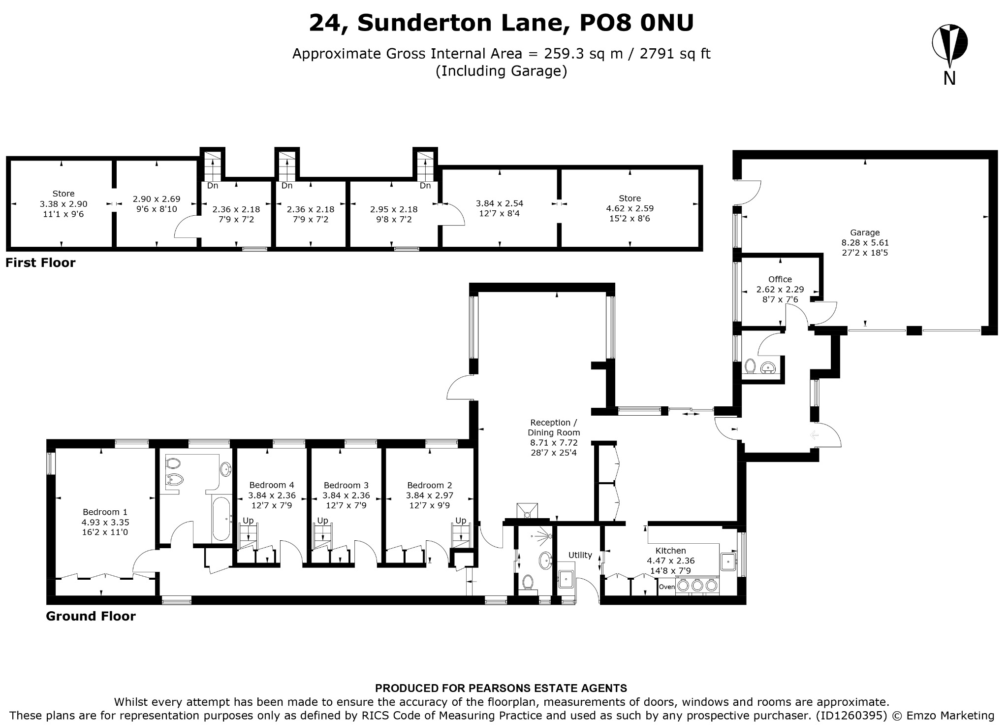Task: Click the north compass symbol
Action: tap(949, 44)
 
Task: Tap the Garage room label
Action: tap(865, 232)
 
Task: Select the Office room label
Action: tap(780, 279)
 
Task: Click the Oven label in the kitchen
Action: tap(667, 587)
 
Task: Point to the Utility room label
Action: tap(580, 555)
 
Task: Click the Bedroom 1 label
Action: tap(105, 512)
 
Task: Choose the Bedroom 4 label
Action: tap(272, 485)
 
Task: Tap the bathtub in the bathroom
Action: tap(221, 519)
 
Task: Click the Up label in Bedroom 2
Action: tap(461, 521)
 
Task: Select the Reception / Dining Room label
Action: tap(554, 428)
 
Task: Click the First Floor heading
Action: tap(40, 263)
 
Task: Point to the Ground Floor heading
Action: tap(91, 616)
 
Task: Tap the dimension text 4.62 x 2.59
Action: tap(630, 208)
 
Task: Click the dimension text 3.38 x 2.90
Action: tap(63, 204)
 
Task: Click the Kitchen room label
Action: tap(670, 551)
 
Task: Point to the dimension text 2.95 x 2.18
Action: tap(394, 209)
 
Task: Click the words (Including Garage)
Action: tap(501, 71)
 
